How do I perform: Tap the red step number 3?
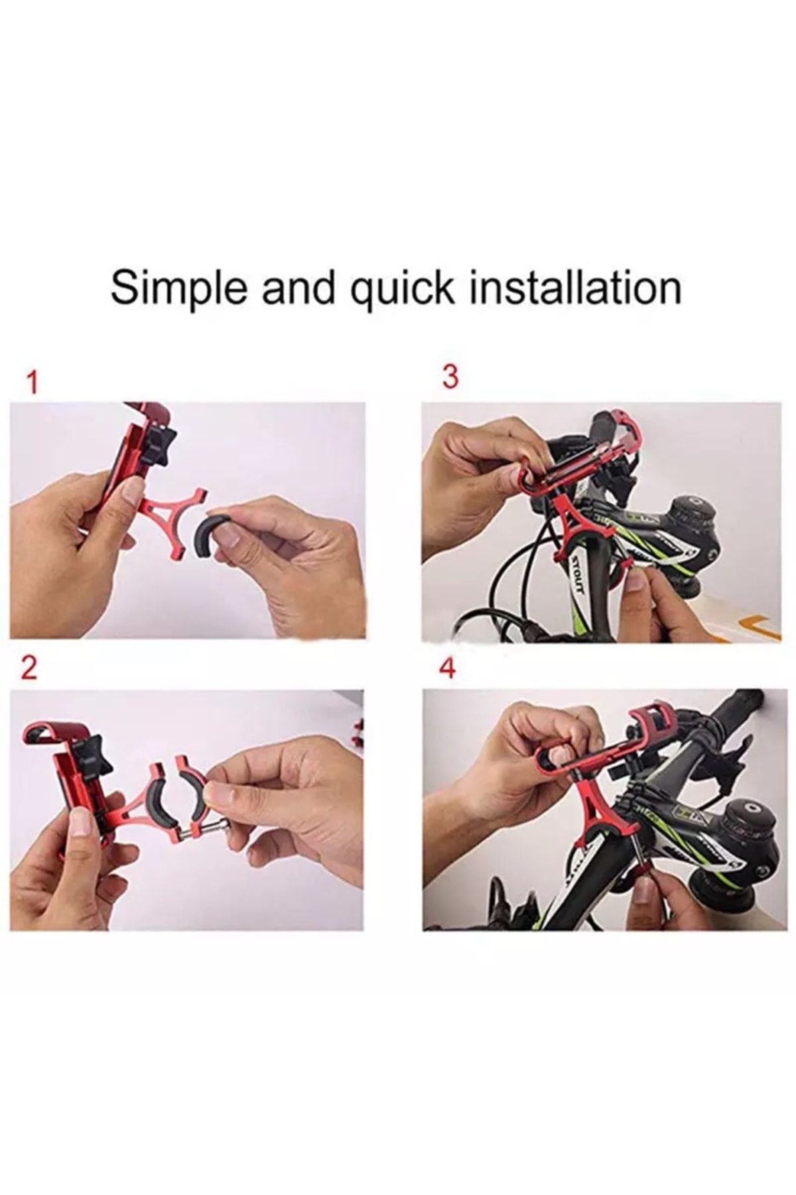tap(450, 378)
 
